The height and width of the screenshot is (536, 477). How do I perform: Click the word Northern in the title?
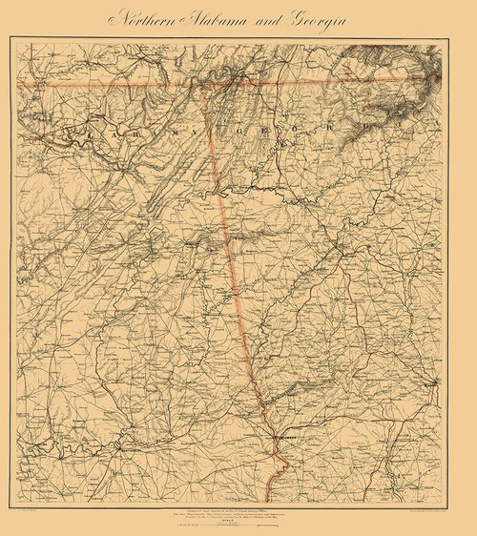point(143,19)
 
